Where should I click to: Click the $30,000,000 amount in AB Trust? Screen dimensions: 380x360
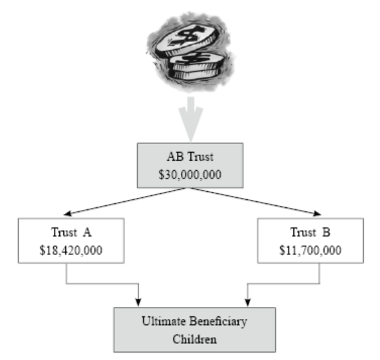(190, 174)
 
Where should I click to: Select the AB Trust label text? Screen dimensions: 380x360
(190, 157)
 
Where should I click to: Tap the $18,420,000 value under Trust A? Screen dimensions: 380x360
(71, 250)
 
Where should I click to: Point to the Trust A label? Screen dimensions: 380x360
(71, 232)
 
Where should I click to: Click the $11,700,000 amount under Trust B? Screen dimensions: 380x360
(311, 250)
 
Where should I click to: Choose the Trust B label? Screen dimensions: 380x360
(311, 232)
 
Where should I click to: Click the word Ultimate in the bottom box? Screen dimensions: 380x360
(164, 321)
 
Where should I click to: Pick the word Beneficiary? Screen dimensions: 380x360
(218, 322)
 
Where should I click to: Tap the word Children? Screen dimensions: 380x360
(194, 339)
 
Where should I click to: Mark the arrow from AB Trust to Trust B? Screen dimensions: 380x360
(256, 201)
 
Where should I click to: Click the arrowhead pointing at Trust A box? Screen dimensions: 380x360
(67, 213)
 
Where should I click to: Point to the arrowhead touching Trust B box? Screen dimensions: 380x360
(317, 213)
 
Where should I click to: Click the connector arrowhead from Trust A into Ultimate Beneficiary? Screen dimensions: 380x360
(138, 303)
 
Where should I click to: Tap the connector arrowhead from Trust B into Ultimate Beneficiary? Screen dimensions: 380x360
(248, 303)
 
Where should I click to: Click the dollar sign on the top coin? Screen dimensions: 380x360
(186, 36)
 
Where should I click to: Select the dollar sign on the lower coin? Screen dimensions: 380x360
(196, 58)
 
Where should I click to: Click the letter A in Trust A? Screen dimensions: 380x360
(87, 232)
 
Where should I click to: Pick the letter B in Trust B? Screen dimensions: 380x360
(326, 232)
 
